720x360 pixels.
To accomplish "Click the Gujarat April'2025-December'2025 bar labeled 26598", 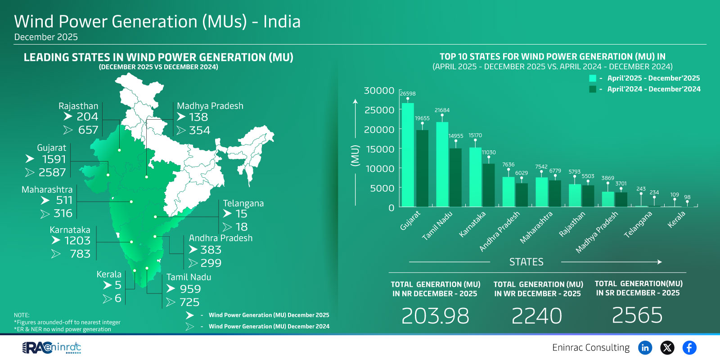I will pyautogui.click(x=408, y=155).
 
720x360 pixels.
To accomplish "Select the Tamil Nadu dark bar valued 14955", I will pyautogui.click(x=455, y=178).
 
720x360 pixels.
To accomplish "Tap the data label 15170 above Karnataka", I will pyautogui.click(x=475, y=135).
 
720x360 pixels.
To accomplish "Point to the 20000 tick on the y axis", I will pyautogui.click(x=379, y=130).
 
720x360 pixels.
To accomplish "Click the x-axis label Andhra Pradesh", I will pyautogui.click(x=499, y=231).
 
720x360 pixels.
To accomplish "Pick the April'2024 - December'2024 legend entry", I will pyautogui.click(x=653, y=89).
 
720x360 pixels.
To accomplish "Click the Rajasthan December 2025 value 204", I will pyautogui.click(x=87, y=117).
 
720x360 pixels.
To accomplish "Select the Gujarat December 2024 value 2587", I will pyautogui.click(x=52, y=172).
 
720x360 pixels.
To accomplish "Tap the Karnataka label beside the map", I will pyautogui.click(x=70, y=230).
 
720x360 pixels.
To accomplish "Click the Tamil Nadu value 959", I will pyautogui.click(x=190, y=289).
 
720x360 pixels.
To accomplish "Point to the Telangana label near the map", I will pyautogui.click(x=243, y=203).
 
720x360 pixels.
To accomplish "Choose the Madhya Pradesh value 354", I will pyautogui.click(x=199, y=130).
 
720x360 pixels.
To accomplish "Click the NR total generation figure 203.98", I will pyautogui.click(x=435, y=315).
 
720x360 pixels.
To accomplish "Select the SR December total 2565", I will pyautogui.click(x=637, y=315).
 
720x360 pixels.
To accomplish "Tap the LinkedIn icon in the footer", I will pyautogui.click(x=645, y=347).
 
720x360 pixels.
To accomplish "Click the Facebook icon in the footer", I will pyautogui.click(x=689, y=347).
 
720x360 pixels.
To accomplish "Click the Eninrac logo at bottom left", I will pyautogui.click(x=52, y=347).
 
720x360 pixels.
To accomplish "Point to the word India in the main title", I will pyautogui.click(x=282, y=22).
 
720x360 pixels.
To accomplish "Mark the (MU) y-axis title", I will pyautogui.click(x=355, y=155).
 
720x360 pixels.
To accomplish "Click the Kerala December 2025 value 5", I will pyautogui.click(x=118, y=285).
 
